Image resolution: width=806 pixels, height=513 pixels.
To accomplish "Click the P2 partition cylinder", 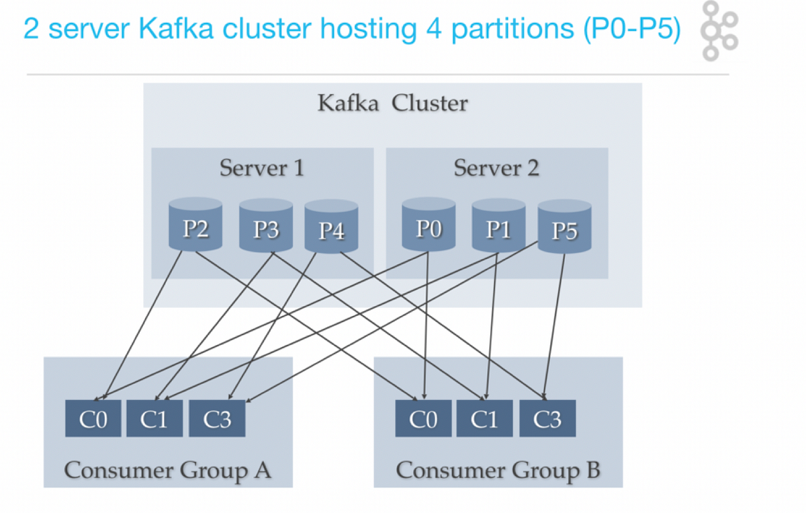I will coord(195,226).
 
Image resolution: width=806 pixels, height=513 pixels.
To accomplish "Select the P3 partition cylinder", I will coord(266,227).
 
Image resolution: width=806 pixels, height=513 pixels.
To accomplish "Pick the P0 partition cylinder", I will coord(429,226).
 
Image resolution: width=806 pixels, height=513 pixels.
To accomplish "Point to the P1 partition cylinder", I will coord(498,227).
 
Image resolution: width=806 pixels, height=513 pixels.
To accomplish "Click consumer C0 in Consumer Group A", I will coord(93,419).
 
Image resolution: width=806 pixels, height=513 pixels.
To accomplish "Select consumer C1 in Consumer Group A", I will coord(154,419).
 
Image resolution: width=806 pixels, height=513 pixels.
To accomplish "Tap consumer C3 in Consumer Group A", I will coord(217,419).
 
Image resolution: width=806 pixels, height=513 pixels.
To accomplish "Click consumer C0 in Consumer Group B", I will coord(423,419).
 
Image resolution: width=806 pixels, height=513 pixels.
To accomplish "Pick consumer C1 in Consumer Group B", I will coord(484,419).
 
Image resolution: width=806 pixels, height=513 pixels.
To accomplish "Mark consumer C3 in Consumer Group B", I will coord(547,419).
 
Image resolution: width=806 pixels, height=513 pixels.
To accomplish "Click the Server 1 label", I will coord(261,167).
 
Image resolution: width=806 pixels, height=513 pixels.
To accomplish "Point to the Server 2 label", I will coord(496,167).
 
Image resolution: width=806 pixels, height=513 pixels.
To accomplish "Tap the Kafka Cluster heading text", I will coord(392,104).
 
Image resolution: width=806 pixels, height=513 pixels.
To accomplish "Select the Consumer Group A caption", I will coord(167,470).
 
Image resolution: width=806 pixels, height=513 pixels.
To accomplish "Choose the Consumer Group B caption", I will coord(498,470).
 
